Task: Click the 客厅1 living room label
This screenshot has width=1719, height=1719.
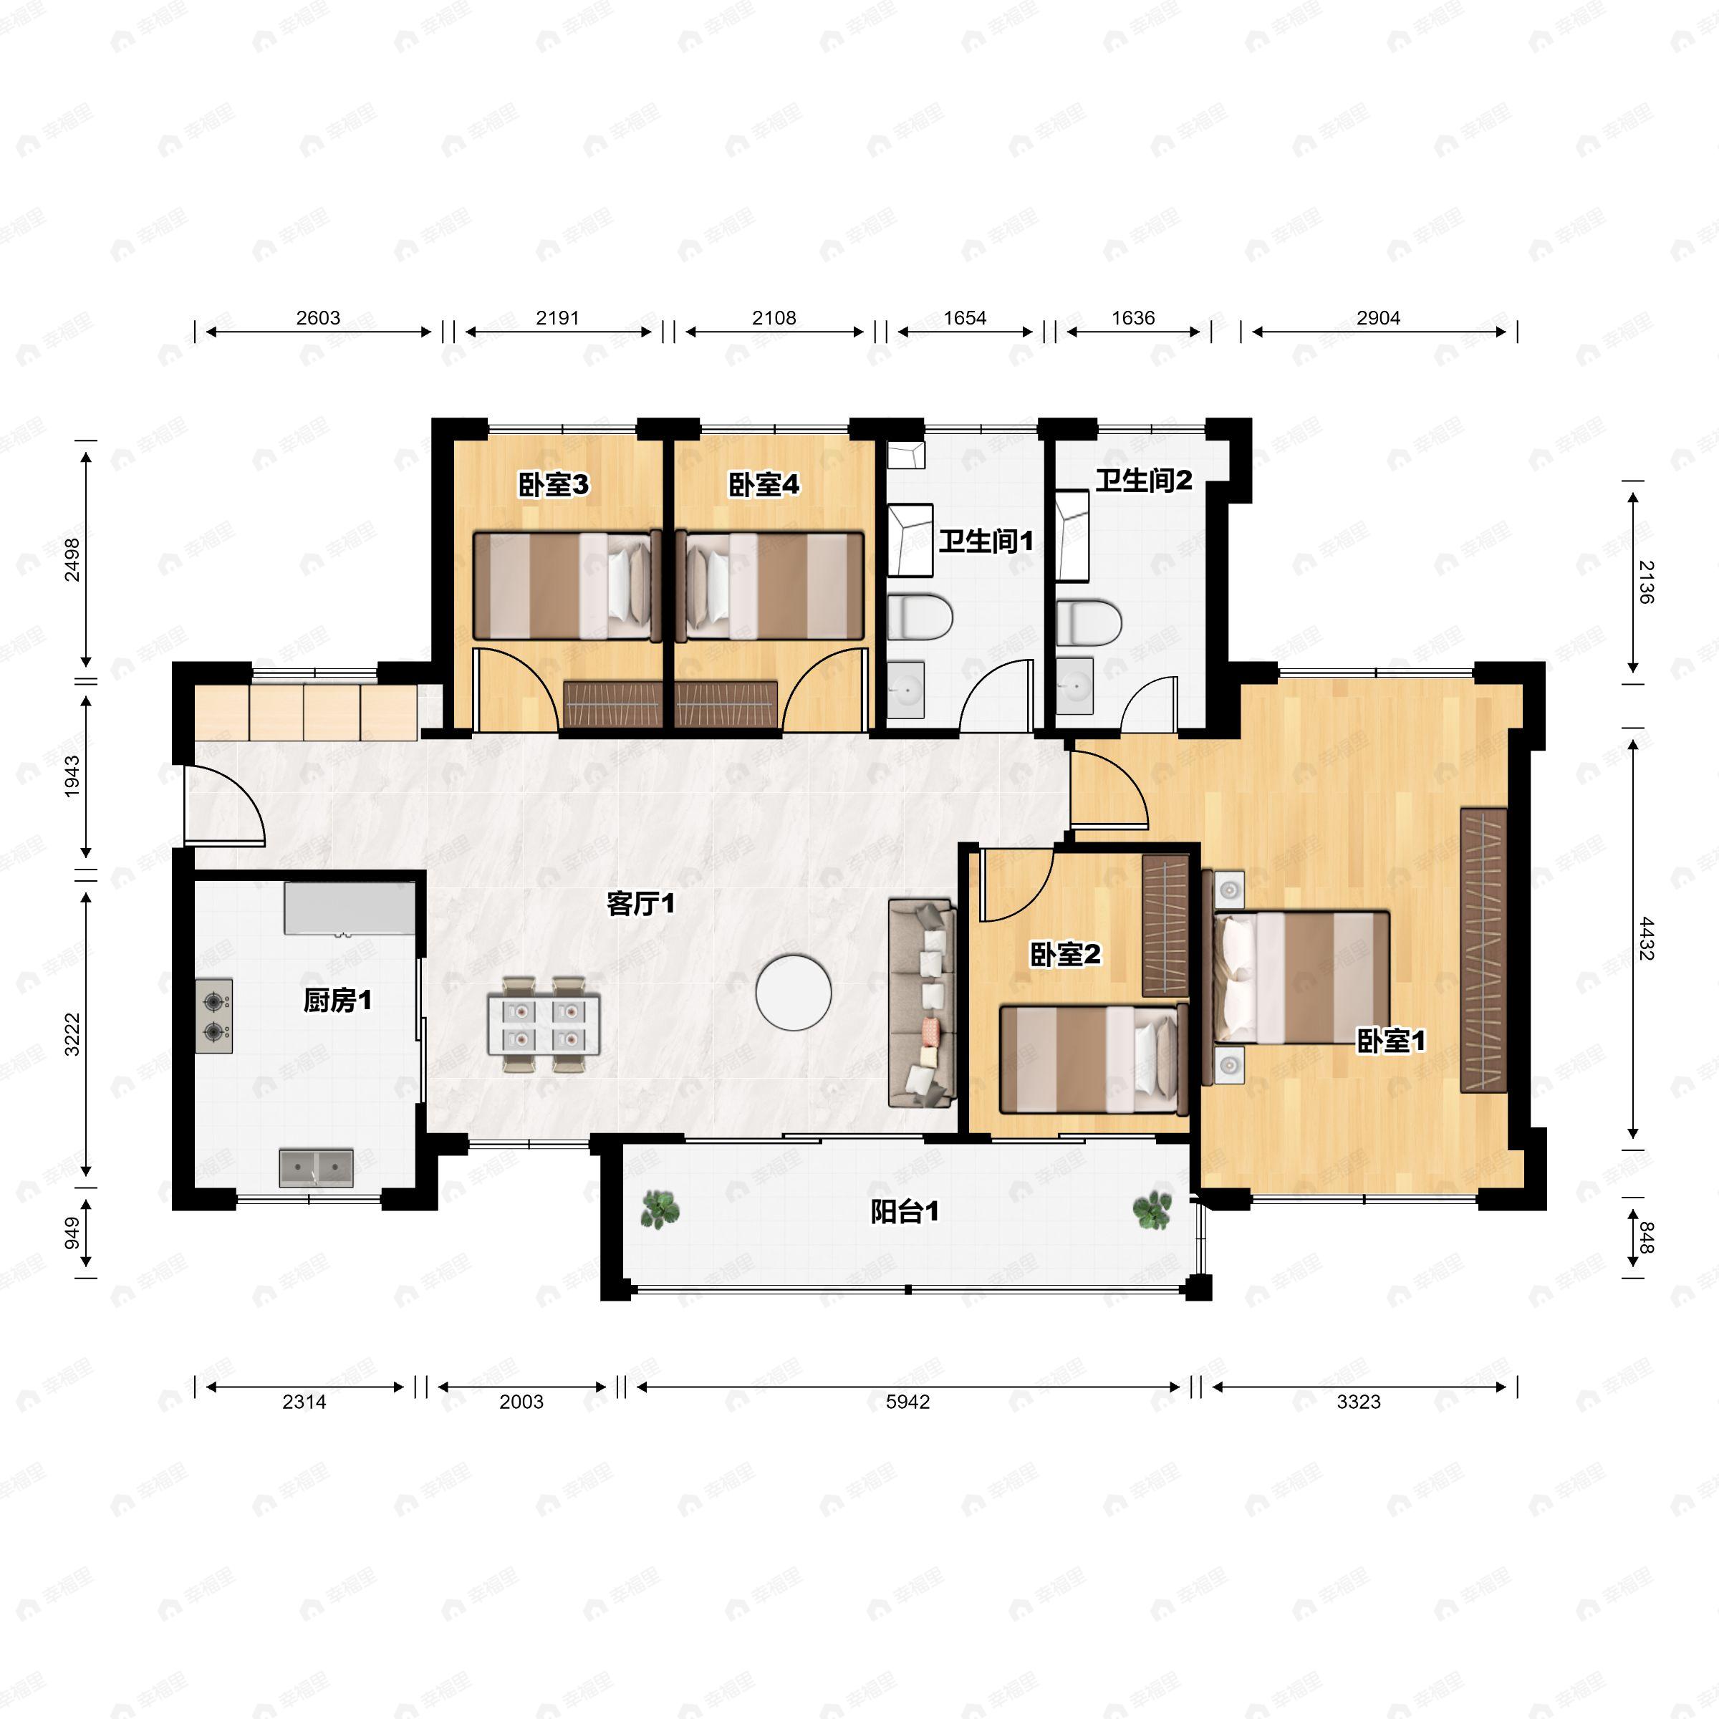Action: (x=640, y=904)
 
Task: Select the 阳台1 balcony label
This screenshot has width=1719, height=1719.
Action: (x=905, y=1212)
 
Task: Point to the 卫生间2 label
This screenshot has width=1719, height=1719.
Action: (x=1143, y=481)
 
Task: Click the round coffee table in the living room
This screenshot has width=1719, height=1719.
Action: (x=794, y=992)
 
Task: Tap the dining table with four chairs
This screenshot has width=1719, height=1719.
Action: (x=543, y=1024)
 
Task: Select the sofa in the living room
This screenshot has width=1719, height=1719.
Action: (x=922, y=1003)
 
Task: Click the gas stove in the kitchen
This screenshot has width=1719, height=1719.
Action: (x=213, y=1016)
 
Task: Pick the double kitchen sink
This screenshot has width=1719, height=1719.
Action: (x=316, y=1167)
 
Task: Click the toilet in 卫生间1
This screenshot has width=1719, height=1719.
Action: (x=920, y=617)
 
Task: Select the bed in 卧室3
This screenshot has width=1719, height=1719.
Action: (x=567, y=585)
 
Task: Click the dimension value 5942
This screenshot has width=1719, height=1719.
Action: (x=907, y=1402)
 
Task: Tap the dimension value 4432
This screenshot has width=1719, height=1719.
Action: (x=1645, y=939)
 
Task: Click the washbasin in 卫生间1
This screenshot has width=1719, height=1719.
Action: (x=906, y=690)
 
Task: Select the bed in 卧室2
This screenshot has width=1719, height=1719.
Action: (x=1094, y=1059)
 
